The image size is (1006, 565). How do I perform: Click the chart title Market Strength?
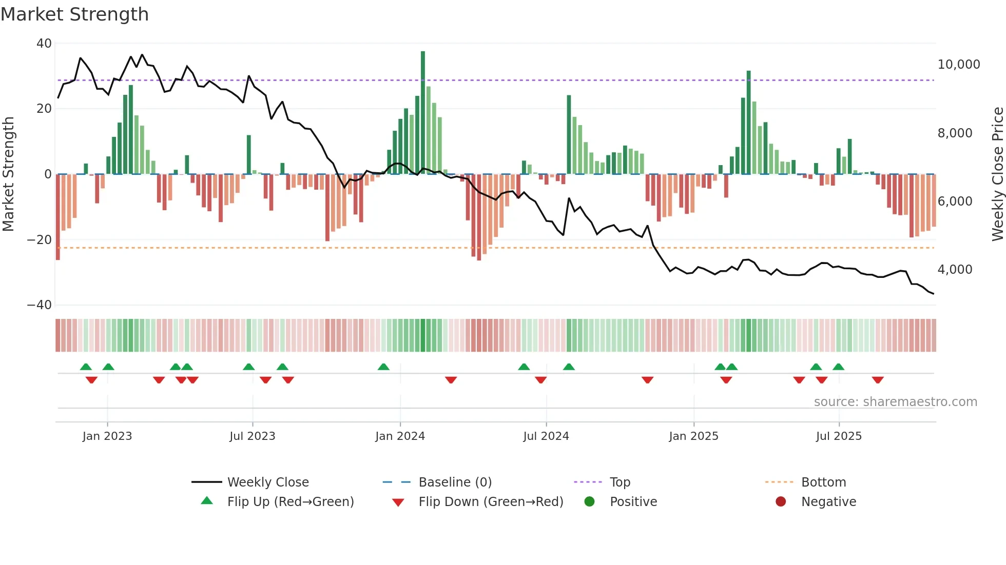click(x=74, y=14)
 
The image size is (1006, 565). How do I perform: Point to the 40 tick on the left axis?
click(x=44, y=44)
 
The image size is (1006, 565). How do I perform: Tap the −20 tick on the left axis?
click(x=40, y=239)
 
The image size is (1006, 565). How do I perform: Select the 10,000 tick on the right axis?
click(x=958, y=65)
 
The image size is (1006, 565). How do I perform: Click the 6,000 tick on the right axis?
click(x=955, y=201)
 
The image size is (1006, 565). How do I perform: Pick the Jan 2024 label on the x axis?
click(x=400, y=436)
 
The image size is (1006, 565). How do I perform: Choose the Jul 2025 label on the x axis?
click(x=839, y=436)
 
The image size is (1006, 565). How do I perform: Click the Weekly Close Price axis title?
click(x=997, y=174)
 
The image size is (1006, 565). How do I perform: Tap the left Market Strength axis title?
click(x=9, y=174)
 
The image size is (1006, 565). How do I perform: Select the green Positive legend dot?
click(x=589, y=502)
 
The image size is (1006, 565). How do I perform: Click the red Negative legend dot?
click(x=781, y=502)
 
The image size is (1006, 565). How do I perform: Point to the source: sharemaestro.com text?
click(x=895, y=402)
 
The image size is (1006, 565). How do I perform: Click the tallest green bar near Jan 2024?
click(x=423, y=113)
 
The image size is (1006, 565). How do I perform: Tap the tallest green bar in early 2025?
click(x=749, y=123)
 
